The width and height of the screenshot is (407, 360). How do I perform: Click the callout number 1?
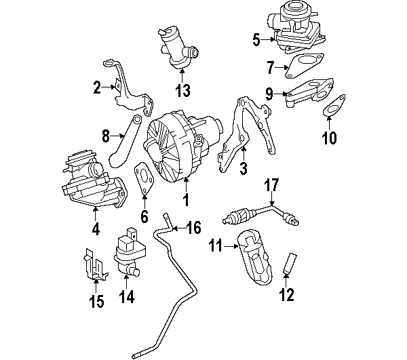pos(185,201)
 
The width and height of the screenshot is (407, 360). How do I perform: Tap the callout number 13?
pos(182,90)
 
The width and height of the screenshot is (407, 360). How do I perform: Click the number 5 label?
pos(256,40)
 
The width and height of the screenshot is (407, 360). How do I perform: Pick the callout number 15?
pos(96,301)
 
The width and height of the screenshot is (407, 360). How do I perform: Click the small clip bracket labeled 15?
pos(93,264)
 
